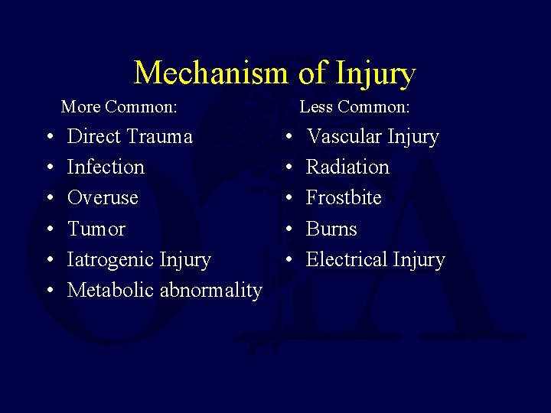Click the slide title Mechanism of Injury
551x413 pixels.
point(275,73)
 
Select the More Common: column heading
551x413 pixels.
point(119,106)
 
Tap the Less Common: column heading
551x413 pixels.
point(354,106)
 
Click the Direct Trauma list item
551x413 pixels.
point(129,137)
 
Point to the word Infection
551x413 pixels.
point(106,167)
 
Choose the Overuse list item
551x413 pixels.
point(103,198)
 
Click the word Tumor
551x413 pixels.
point(96,229)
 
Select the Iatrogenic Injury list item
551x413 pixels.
point(139,260)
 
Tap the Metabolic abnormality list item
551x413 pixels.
point(164,291)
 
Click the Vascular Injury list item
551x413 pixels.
point(372,137)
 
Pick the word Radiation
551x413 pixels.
point(347,167)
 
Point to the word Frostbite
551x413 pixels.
point(344,198)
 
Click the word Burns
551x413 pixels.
point(331,229)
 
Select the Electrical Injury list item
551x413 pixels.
point(375,260)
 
